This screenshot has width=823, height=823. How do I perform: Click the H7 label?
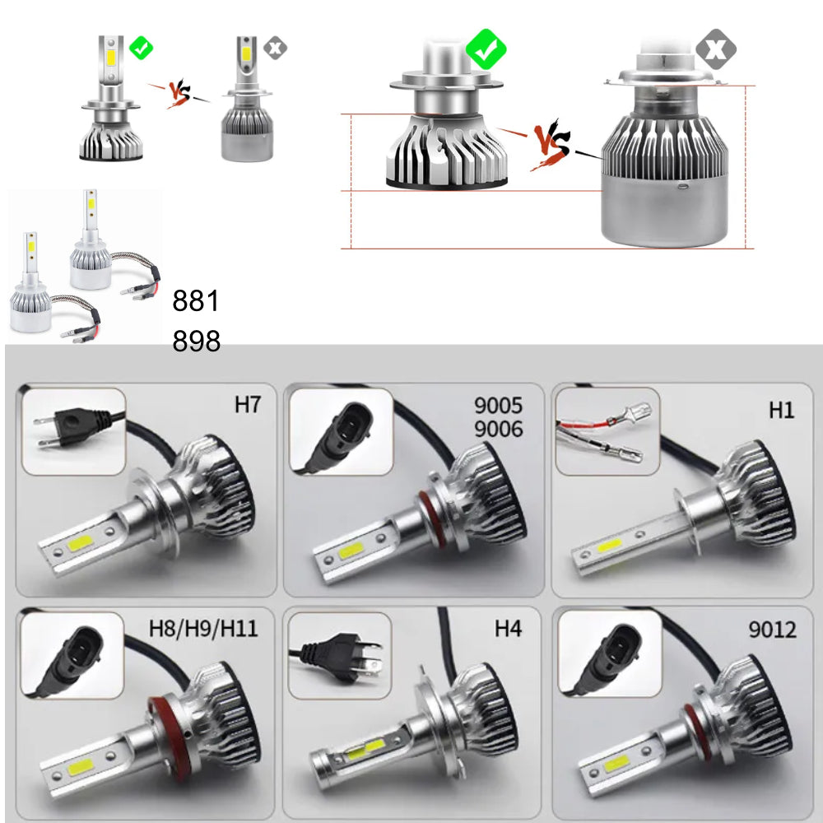(247, 405)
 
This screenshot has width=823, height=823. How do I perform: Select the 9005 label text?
(498, 405)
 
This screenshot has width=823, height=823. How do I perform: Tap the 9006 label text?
(498, 429)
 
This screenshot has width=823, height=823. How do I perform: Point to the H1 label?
(782, 410)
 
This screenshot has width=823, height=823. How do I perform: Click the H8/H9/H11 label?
(203, 628)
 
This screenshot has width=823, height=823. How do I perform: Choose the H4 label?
(508, 628)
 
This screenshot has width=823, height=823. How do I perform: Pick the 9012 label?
(772, 630)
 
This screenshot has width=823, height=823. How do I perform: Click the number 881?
(195, 300)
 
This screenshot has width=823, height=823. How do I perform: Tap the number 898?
(196, 342)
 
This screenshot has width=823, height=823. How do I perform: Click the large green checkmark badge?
(486, 49)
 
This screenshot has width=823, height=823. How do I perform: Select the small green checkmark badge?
(142, 48)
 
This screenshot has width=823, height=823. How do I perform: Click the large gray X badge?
(716, 49)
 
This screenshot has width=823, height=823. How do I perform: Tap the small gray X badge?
(275, 48)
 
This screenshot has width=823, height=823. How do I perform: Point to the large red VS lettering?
(551, 144)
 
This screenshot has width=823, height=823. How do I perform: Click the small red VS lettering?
(179, 94)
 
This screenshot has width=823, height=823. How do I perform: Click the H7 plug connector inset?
(73, 431)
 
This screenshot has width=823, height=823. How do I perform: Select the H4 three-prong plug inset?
(340, 656)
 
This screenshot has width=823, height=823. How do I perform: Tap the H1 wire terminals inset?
(607, 431)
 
